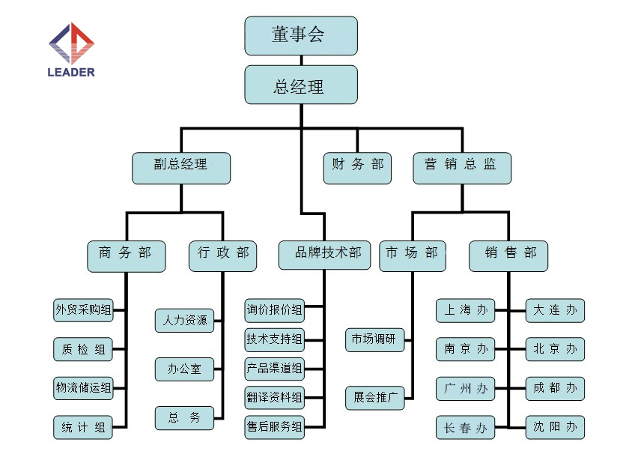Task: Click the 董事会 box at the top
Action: (301, 35)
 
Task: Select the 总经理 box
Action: (301, 85)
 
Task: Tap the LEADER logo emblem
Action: (71, 43)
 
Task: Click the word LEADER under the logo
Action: (71, 73)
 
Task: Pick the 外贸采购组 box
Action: (83, 310)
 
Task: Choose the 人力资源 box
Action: (184, 321)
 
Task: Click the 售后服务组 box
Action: (274, 427)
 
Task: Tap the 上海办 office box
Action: (465, 310)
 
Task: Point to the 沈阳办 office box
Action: (555, 427)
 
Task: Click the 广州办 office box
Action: (465, 389)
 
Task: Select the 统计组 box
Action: (83, 428)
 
